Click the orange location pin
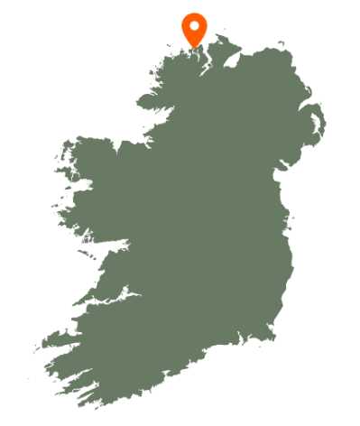[x=194, y=27]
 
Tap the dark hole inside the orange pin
[x=194, y=24]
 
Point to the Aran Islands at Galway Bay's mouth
[x=76, y=255]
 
